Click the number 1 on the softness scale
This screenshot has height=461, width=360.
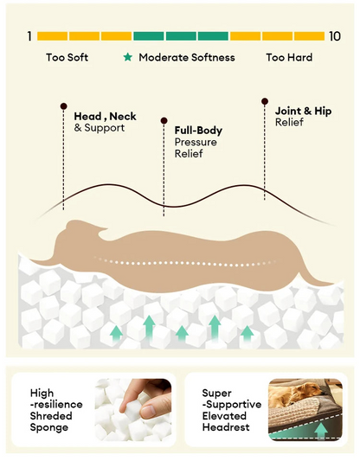[x=29, y=36]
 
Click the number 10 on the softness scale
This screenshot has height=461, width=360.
[x=335, y=36]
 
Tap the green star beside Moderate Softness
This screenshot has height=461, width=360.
[x=128, y=57]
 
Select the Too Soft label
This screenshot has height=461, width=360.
[x=67, y=57]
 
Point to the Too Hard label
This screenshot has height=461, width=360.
[x=289, y=57]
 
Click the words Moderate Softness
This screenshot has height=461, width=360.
[x=187, y=57]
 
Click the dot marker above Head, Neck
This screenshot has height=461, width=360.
[x=63, y=106]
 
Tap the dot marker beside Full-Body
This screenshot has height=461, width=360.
[x=164, y=120]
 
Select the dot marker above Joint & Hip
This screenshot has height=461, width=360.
[x=265, y=101]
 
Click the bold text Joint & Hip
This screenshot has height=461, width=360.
[x=303, y=111]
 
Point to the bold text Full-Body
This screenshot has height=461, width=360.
[x=198, y=131]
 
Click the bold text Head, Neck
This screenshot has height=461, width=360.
[x=105, y=117]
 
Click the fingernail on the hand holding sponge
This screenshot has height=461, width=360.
[x=150, y=410]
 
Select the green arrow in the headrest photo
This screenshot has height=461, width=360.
[x=321, y=432]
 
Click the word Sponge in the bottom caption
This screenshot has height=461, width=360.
[x=48, y=428]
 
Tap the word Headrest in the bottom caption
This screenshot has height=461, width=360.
[x=226, y=427]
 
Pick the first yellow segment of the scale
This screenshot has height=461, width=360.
[x=53, y=36]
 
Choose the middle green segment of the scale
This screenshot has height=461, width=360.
[x=181, y=36]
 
